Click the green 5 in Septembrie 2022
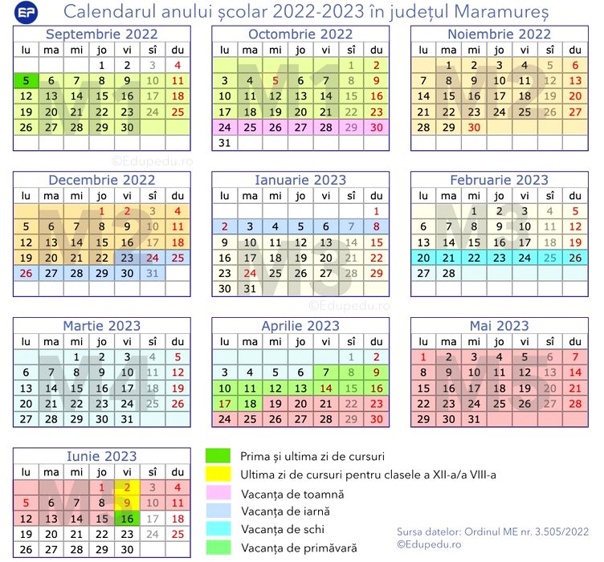(x=27, y=80)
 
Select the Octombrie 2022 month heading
(x=300, y=34)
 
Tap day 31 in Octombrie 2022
(x=225, y=143)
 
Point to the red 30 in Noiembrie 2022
(x=474, y=127)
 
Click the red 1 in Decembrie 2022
(x=102, y=211)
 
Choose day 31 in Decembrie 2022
(x=153, y=273)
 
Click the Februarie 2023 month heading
(x=499, y=180)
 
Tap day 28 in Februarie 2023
(x=449, y=273)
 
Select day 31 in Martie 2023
(x=127, y=418)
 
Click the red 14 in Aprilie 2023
(x=326, y=388)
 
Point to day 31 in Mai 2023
(x=474, y=418)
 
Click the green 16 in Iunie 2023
(x=127, y=519)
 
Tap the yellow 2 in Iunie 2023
(x=127, y=487)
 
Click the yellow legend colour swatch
(x=218, y=474)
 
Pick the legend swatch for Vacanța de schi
(x=218, y=529)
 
